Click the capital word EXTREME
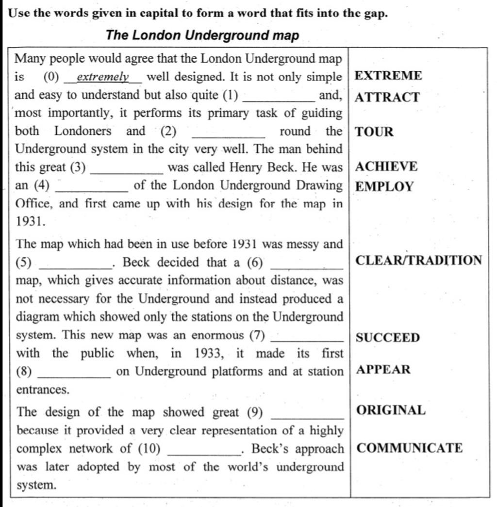coord(389,76)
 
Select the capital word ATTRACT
coord(387,98)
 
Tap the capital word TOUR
coord(374,132)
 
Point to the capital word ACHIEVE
coord(386,167)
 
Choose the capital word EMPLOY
coord(384,187)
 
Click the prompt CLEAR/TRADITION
coord(419,261)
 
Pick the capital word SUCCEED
coord(388,338)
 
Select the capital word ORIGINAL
coord(391,410)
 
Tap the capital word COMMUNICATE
coord(410,448)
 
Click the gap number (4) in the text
coord(42,186)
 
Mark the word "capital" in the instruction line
coord(159,13)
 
